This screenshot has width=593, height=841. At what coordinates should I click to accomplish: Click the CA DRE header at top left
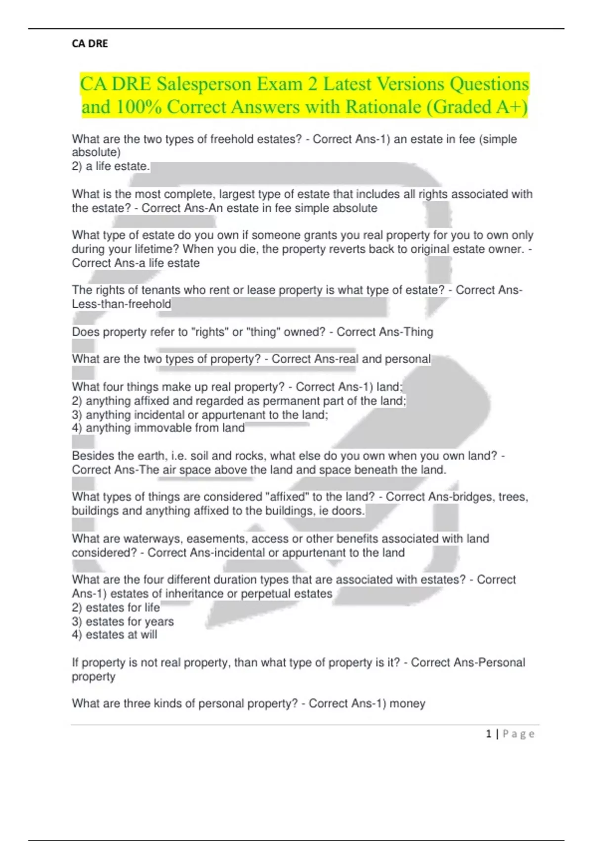[x=89, y=44]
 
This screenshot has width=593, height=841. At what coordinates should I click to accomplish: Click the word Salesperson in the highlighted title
[x=204, y=84]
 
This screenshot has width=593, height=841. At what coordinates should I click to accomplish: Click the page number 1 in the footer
[x=488, y=734]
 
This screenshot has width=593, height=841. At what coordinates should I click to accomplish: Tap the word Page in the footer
[x=518, y=734]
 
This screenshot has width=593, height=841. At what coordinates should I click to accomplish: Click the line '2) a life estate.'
[x=111, y=166]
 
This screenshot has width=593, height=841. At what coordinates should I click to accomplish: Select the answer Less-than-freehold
[x=122, y=304]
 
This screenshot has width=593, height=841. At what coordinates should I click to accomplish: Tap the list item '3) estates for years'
[x=123, y=621]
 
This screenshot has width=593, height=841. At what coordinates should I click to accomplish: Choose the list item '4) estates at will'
[x=114, y=635]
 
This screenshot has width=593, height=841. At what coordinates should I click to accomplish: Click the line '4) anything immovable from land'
[x=158, y=428]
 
